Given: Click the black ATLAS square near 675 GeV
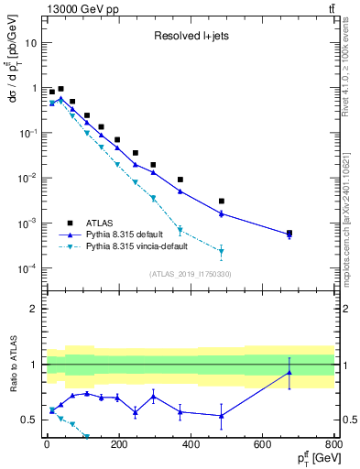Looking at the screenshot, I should (289, 233).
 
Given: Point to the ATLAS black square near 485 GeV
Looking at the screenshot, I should (221, 201).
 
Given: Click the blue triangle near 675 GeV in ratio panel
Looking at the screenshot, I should (289, 372).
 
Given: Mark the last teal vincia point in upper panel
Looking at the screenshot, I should (221, 251).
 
